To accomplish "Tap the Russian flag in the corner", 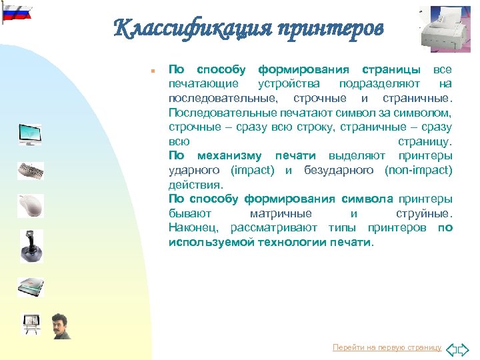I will (x=17, y=12).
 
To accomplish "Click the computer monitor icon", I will (x=30, y=134).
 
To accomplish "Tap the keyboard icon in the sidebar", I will (x=30, y=171).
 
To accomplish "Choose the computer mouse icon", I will (x=30, y=205).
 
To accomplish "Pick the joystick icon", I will (x=30, y=245).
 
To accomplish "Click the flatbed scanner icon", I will (x=30, y=285).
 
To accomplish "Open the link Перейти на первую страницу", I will (x=387, y=348).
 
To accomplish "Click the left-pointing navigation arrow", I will (x=451, y=349).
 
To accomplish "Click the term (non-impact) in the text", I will (x=418, y=170).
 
